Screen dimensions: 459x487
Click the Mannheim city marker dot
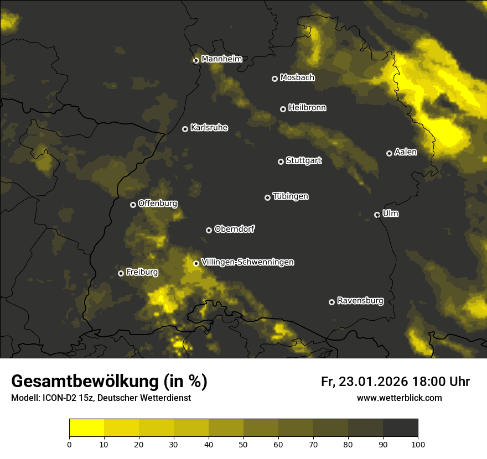click(196, 61)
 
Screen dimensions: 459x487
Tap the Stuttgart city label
click(303, 161)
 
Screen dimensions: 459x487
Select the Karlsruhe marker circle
click(185, 129)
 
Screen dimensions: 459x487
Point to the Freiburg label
click(142, 272)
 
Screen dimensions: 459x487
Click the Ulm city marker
click(377, 215)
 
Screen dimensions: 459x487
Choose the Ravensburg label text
click(360, 301)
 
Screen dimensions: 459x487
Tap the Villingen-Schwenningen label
click(247, 262)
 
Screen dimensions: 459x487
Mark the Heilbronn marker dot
click(283, 109)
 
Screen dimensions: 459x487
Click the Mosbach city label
click(297, 77)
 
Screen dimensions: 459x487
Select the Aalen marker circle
click(389, 153)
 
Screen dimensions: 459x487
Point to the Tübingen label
click(291, 196)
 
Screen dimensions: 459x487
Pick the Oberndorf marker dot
click(209, 230)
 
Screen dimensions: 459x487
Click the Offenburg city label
click(158, 204)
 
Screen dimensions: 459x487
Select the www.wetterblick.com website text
click(399, 398)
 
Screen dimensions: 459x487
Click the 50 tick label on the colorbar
click(244, 444)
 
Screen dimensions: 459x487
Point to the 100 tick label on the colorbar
click(418, 444)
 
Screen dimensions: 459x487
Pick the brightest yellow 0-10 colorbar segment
click(86, 428)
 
